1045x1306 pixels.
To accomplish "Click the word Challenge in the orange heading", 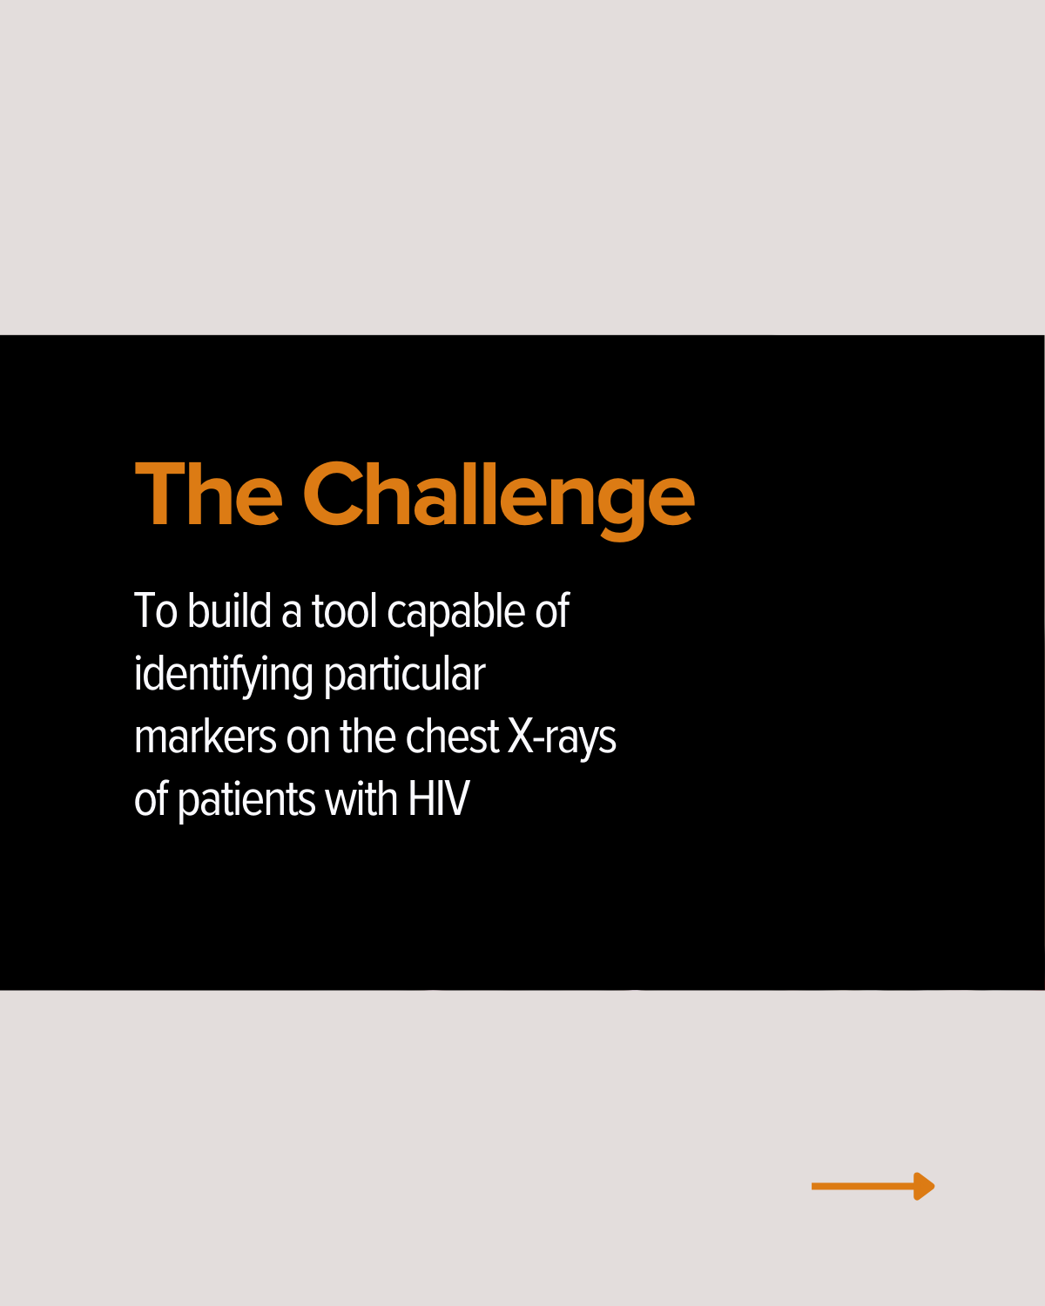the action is coord(498,500).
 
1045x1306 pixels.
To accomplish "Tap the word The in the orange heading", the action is coord(208,494).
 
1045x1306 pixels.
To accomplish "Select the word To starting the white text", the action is coord(156,610).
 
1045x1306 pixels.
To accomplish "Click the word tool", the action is coord(344,610).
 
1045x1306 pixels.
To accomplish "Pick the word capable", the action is coord(455,614).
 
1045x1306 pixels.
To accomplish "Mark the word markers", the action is coord(206,736).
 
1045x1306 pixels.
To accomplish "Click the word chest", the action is coord(452,736).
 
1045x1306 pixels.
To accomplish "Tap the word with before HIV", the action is coord(361,798).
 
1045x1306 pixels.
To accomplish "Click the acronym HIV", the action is coord(438,799).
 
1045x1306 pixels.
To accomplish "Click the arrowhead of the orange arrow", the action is coord(924,1186).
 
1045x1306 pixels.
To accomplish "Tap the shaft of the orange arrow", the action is coord(863,1186).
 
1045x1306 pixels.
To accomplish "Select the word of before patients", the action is coord(151,798).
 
